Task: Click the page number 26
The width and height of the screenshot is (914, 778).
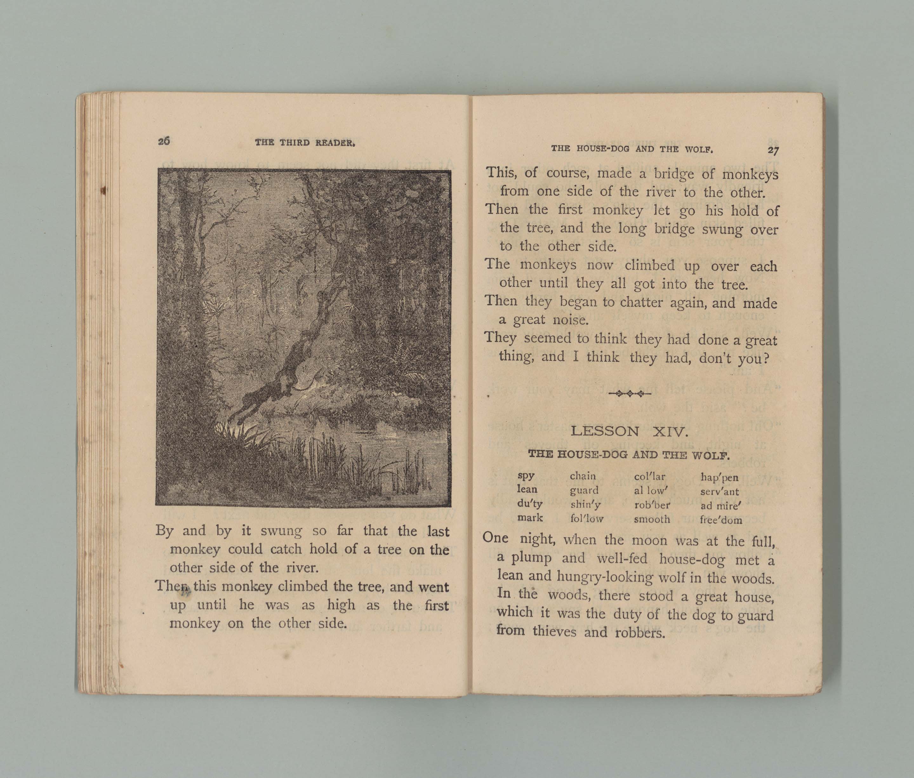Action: (x=164, y=141)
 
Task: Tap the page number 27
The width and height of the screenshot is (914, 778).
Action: (x=773, y=150)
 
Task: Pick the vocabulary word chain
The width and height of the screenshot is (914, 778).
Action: (x=583, y=476)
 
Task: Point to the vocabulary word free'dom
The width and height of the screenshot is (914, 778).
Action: (x=721, y=520)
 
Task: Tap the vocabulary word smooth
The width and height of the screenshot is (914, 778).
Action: (x=652, y=519)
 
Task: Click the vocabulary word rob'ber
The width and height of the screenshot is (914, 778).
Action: (x=652, y=505)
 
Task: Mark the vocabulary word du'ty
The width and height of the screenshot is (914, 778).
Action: (x=530, y=504)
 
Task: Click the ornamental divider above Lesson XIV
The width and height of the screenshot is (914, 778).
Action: (x=629, y=394)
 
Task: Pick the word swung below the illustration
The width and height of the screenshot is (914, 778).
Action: (x=281, y=531)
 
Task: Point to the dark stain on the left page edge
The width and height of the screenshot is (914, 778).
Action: (x=104, y=190)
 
